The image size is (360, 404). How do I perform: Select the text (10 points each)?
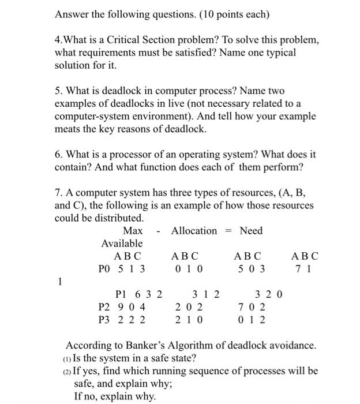tap(229, 13)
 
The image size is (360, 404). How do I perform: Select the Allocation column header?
tap(194, 231)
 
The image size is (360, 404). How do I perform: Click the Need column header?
tap(251, 231)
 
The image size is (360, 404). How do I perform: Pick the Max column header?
tap(133, 231)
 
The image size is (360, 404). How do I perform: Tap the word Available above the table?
tap(122, 244)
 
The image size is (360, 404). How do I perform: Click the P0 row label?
tap(104, 269)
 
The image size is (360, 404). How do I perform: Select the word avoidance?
tap(294, 346)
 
